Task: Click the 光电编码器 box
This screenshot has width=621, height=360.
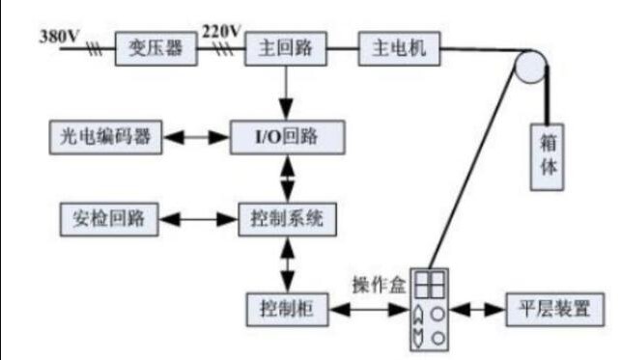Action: coord(104,136)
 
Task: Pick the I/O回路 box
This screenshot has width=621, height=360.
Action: coord(287,136)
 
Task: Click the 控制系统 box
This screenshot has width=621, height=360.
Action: coord(287,219)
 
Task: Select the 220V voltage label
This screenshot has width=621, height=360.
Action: coord(221,31)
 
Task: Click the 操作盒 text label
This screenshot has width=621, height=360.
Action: coord(380,286)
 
